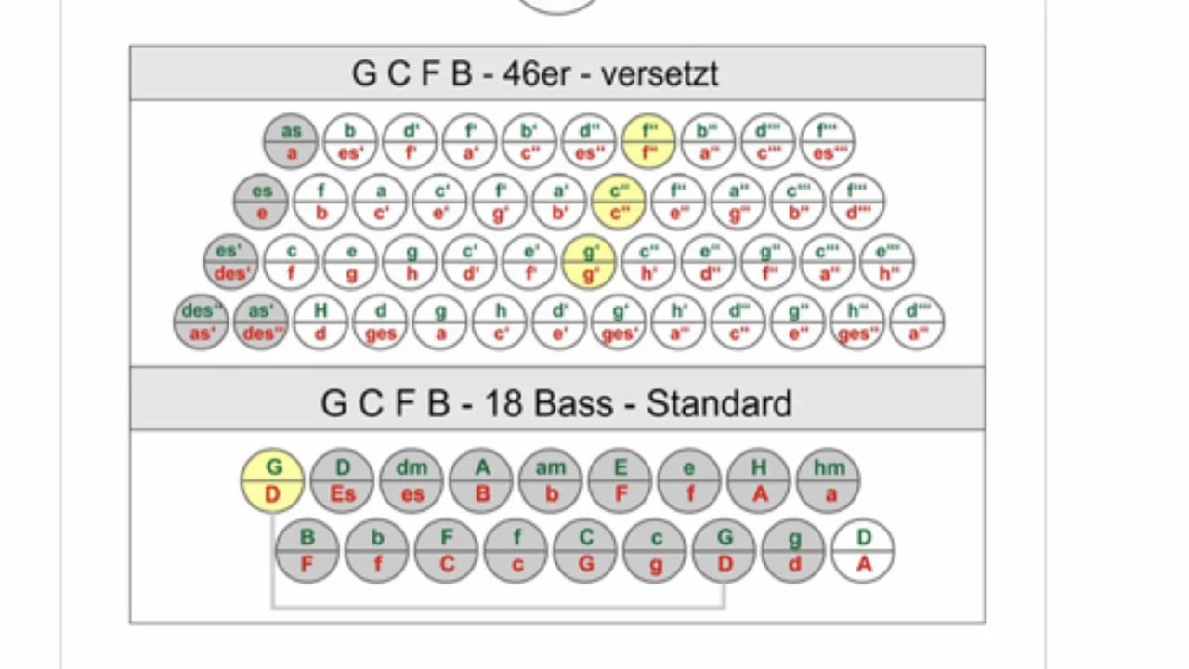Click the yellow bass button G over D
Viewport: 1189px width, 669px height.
click(273, 480)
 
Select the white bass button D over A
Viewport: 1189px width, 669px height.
click(863, 551)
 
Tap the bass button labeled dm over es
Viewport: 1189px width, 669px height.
click(412, 480)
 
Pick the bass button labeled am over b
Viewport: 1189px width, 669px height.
click(551, 480)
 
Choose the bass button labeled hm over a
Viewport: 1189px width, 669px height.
click(829, 480)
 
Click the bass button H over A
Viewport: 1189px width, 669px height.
click(759, 480)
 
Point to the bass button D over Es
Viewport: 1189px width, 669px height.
click(343, 480)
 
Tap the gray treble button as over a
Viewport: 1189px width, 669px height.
click(291, 142)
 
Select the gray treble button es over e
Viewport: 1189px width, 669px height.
click(262, 202)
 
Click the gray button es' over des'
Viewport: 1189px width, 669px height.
click(231, 261)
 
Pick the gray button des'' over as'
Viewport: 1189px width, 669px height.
click(202, 321)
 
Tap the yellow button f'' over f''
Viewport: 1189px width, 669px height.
click(648, 142)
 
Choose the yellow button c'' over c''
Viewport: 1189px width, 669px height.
click(619, 202)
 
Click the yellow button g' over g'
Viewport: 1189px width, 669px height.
click(589, 261)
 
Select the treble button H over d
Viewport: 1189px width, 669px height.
click(320, 321)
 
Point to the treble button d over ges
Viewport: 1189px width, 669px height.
click(381, 321)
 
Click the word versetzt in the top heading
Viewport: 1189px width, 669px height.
click(660, 73)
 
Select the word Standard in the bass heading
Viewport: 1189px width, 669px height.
click(719, 403)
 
